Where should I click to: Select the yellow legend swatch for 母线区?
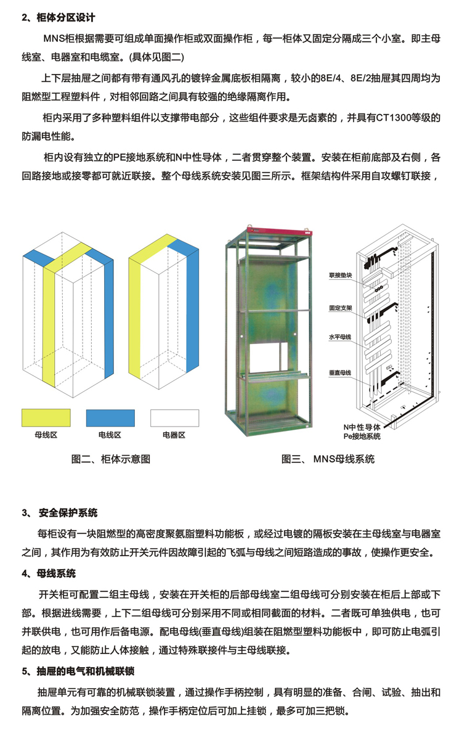[46, 417]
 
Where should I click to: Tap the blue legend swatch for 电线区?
[110, 417]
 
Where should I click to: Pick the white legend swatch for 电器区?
[174, 417]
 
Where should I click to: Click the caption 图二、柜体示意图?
[111, 459]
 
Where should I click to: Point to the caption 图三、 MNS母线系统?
[328, 459]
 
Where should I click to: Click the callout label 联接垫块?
[341, 276]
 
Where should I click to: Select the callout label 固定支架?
[341, 306]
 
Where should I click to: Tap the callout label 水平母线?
[341, 337]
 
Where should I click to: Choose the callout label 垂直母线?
[341, 373]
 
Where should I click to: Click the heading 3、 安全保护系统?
[60, 513]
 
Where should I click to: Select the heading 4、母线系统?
[49, 573]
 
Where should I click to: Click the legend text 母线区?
[46, 435]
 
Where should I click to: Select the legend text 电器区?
[174, 435]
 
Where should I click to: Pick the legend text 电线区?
[110, 435]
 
